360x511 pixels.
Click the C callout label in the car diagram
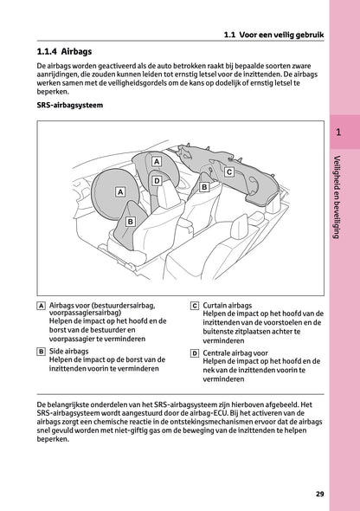coord(228,172)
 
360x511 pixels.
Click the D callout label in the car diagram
coord(157,181)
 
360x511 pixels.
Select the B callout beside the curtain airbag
coord(204,186)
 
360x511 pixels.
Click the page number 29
coord(320,494)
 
